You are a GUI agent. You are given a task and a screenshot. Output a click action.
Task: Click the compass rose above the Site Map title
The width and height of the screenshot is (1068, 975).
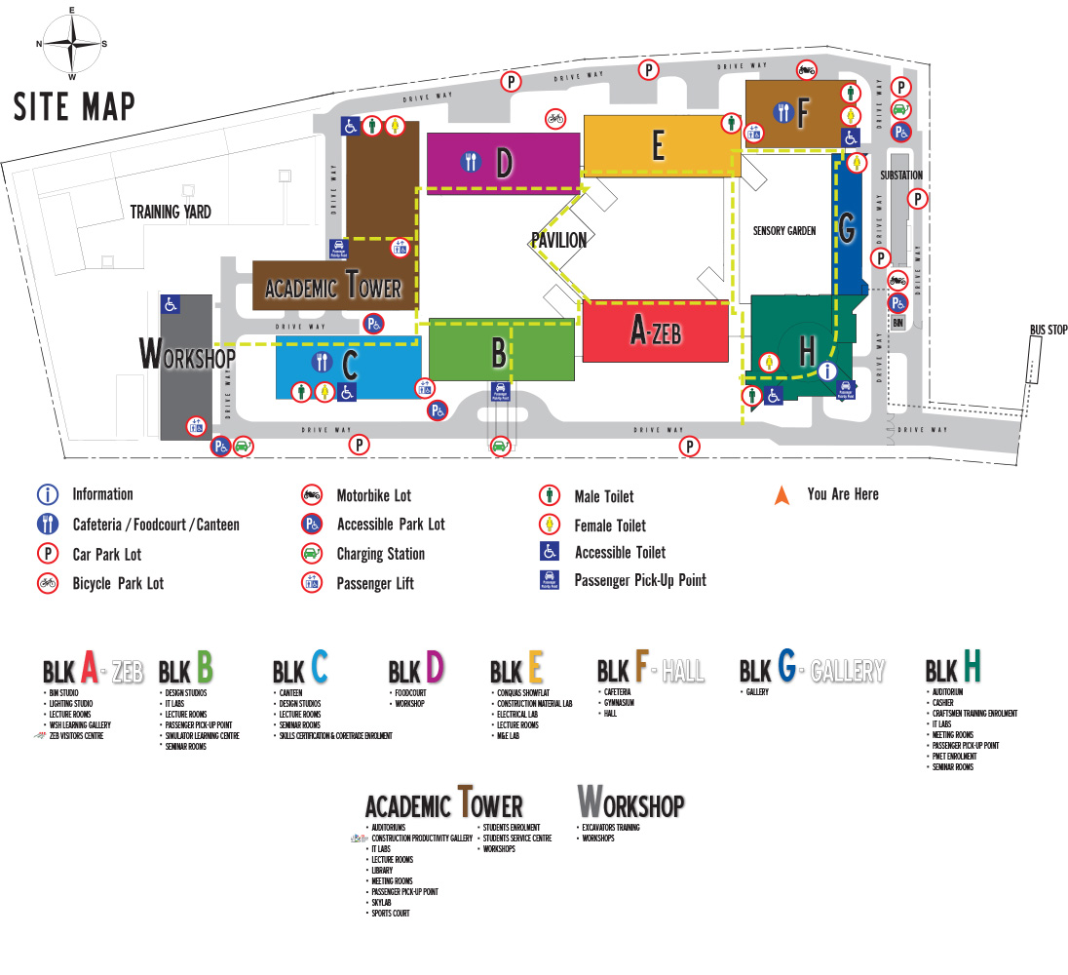(71, 44)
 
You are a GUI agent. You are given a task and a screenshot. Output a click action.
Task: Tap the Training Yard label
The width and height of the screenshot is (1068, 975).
(171, 212)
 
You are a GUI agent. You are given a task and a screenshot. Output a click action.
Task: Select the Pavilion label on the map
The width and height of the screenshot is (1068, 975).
(558, 240)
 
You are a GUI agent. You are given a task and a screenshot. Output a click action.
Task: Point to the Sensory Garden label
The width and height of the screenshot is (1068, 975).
(783, 231)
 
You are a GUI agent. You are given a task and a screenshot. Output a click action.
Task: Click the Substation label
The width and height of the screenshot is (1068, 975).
(900, 175)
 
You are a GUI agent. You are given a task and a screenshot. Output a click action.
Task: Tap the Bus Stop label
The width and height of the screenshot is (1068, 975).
(1049, 331)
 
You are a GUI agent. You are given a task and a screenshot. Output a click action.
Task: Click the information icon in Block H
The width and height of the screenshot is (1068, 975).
(827, 370)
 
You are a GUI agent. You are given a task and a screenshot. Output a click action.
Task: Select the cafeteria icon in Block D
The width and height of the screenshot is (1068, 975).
(472, 162)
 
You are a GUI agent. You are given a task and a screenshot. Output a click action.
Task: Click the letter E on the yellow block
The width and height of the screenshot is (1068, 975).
(658, 146)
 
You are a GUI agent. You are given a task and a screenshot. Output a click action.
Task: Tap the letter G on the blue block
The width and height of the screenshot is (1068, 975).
(847, 231)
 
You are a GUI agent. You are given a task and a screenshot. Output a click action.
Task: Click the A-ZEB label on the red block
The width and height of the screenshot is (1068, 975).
(655, 332)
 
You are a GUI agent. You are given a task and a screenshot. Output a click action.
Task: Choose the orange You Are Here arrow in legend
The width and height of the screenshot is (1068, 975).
(782, 495)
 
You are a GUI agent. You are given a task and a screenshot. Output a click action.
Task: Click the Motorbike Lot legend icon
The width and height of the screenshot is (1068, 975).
(312, 494)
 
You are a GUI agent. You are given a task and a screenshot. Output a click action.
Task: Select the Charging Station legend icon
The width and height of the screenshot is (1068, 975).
(312, 554)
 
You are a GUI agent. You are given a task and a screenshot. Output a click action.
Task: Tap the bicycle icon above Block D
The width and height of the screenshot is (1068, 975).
(554, 118)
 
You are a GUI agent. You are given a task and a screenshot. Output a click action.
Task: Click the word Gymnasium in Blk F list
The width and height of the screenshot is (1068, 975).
(619, 702)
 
